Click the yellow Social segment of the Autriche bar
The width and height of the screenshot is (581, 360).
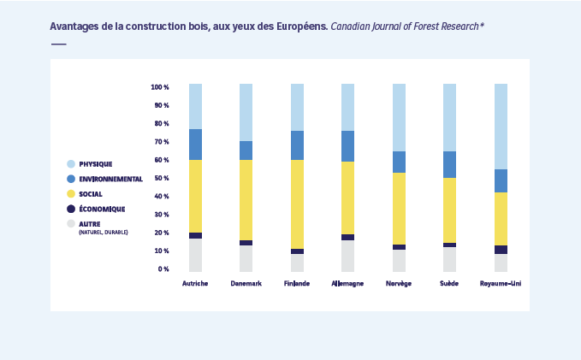(195, 196)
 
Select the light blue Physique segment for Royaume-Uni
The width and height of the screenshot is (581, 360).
(501, 127)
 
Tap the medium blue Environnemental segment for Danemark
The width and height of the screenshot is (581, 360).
(246, 150)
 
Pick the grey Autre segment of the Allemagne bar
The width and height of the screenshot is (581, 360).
(347, 256)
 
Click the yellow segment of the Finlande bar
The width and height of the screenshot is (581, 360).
(297, 204)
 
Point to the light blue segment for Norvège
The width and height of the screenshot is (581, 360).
(399, 117)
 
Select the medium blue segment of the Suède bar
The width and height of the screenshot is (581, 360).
(449, 164)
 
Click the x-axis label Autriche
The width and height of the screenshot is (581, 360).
(195, 283)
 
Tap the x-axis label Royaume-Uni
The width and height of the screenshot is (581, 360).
(501, 283)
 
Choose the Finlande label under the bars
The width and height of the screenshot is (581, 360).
(297, 283)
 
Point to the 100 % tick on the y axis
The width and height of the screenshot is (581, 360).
(159, 87)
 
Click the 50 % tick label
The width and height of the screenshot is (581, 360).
(161, 178)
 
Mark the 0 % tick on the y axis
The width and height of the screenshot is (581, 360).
(163, 269)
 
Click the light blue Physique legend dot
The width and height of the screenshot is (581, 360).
(71, 163)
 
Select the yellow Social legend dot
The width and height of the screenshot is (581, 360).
(71, 194)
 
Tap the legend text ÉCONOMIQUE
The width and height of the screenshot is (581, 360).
(102, 209)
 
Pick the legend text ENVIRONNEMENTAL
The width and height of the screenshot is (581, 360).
(110, 179)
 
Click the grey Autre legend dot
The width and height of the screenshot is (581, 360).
(71, 224)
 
